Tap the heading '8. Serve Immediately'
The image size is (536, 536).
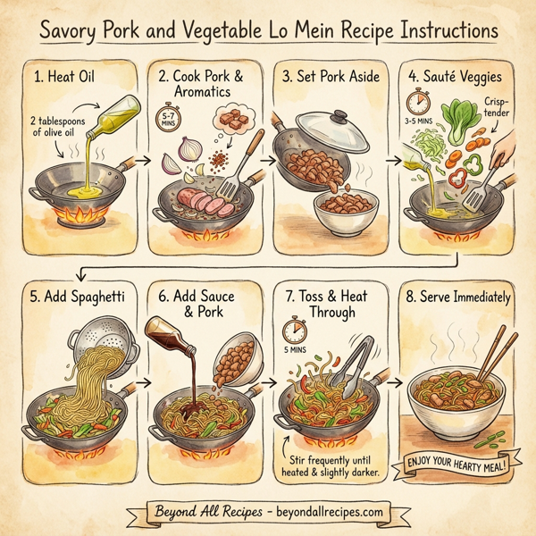point(457,296)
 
